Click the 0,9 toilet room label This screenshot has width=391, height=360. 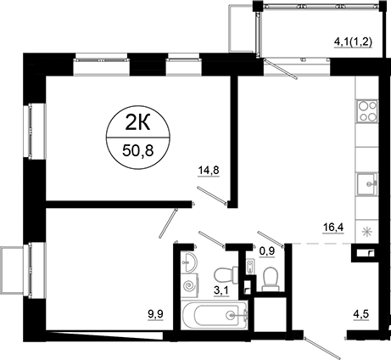268,250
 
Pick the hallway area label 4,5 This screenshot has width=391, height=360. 362,320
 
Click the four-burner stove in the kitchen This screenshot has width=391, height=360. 367,110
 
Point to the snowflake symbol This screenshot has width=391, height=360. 366,232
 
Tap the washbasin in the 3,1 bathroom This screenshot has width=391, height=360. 189,260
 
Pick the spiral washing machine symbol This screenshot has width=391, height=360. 188,290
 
